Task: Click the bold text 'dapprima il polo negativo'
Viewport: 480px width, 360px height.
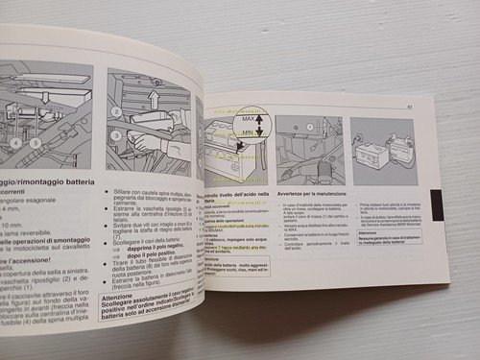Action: tap(155, 248)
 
